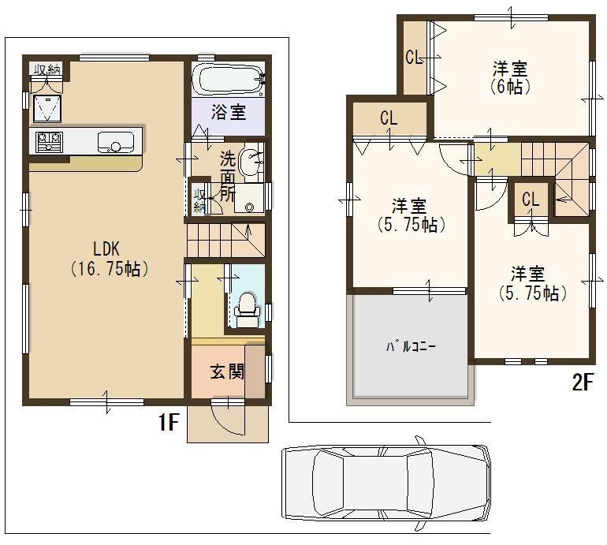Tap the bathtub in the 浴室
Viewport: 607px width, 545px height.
tap(227, 80)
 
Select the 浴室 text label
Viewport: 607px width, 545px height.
tap(228, 113)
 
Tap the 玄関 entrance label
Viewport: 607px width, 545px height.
tap(226, 371)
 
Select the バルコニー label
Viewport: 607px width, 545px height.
tap(411, 346)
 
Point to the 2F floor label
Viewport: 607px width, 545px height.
tap(582, 383)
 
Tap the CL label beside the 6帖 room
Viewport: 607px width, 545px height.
tap(412, 57)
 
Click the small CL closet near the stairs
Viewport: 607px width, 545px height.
tap(531, 200)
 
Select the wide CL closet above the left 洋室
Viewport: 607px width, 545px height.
tap(389, 118)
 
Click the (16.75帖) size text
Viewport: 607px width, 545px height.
tap(106, 269)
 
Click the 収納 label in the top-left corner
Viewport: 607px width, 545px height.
tap(46, 70)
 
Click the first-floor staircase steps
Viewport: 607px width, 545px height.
tap(225, 235)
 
